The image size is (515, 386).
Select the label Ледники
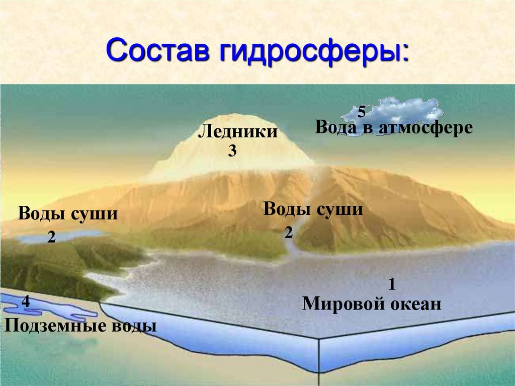pos(238,132)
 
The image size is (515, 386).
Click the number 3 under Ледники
pos(232,150)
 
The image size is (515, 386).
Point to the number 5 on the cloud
pos(362,112)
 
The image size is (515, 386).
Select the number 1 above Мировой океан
pos(392,285)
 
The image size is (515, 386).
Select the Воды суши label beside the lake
pos(68,214)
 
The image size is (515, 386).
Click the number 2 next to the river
pos(288,233)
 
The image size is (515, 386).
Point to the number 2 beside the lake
pos(51,237)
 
